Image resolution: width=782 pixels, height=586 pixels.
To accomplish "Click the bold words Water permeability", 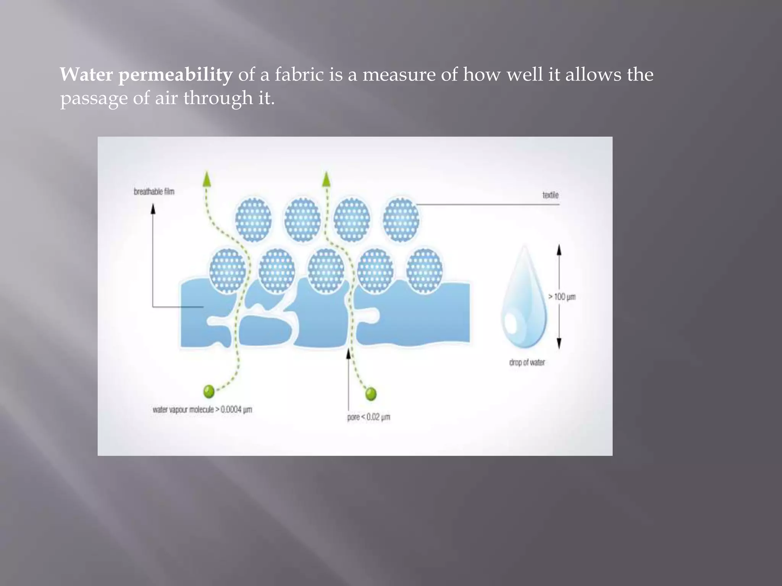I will click(x=146, y=74).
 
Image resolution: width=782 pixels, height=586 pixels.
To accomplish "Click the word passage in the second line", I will click(x=94, y=98).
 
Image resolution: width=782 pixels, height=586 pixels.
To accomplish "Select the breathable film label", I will click(x=154, y=192).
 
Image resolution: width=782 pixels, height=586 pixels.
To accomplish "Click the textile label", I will click(x=550, y=195).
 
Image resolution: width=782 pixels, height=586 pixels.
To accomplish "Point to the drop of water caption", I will click(x=527, y=362).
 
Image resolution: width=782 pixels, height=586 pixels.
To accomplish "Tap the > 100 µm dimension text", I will click(x=562, y=296).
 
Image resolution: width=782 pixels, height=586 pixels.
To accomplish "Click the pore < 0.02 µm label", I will click(x=368, y=417).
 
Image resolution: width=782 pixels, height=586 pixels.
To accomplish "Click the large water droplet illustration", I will click(x=524, y=301).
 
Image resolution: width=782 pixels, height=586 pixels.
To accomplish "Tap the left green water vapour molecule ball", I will click(x=209, y=391).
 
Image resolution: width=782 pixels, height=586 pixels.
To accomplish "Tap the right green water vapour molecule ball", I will click(x=371, y=394).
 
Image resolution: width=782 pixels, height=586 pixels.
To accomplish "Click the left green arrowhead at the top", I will click(x=207, y=179).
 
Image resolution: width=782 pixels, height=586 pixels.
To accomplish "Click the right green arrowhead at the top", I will click(x=326, y=179).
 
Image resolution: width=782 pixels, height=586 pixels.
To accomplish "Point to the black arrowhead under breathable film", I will click(x=153, y=209).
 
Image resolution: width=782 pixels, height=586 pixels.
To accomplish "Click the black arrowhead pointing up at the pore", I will click(x=348, y=353).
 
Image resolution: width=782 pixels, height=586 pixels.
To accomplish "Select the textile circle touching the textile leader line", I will click(x=401, y=219).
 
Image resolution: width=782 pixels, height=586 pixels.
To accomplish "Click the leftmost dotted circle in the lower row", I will click(x=228, y=270).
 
